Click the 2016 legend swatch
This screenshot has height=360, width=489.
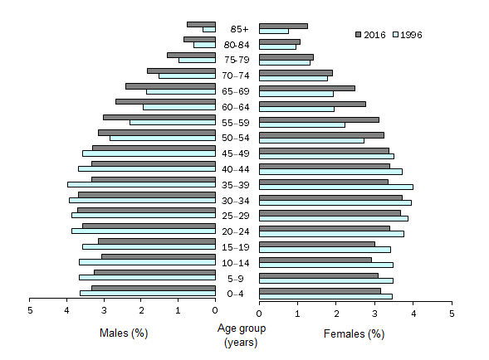(x=359, y=34)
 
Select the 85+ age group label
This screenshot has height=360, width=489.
(x=237, y=29)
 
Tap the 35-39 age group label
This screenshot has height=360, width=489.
(x=237, y=185)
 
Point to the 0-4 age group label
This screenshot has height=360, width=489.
(x=237, y=293)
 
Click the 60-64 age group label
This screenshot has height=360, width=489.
(x=237, y=107)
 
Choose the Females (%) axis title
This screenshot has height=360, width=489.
(x=354, y=333)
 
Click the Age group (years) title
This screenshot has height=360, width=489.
(x=237, y=335)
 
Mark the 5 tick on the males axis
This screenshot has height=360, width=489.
(x=30, y=312)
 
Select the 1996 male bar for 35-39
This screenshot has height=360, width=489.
(x=141, y=184)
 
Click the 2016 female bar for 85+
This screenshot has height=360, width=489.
(x=283, y=26)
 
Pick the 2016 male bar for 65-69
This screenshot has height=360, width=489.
(x=170, y=85)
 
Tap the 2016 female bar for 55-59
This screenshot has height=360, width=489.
(x=319, y=119)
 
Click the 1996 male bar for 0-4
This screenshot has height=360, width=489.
(x=148, y=293)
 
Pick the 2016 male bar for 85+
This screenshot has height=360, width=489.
(x=201, y=24)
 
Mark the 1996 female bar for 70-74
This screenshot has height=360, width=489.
(x=293, y=78)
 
